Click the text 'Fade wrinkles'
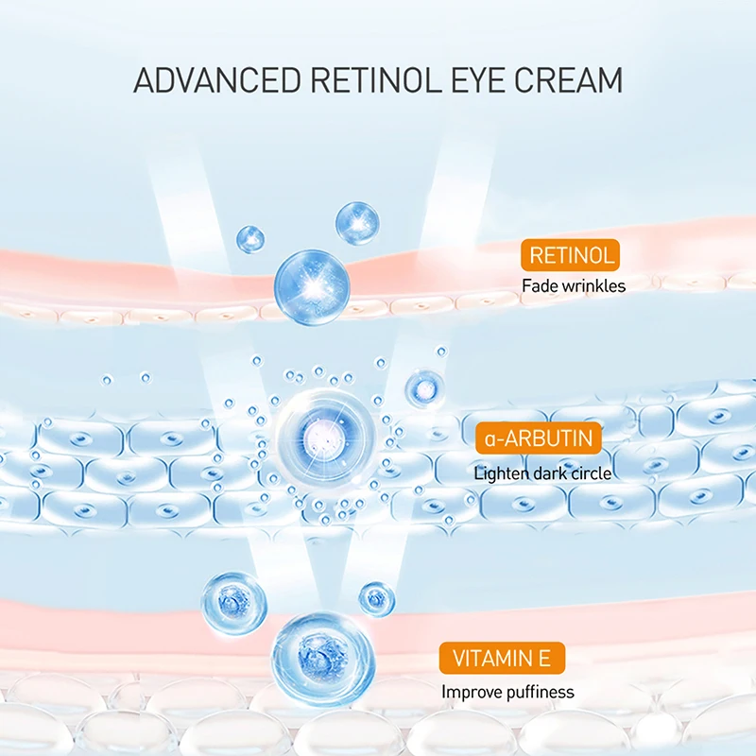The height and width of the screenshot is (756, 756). (x=574, y=285)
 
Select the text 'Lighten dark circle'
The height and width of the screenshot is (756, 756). (x=542, y=472)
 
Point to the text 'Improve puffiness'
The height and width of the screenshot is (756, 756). (x=507, y=692)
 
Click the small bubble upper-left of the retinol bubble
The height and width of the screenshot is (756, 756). (x=250, y=238)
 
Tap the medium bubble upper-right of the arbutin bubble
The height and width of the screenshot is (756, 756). (x=424, y=387)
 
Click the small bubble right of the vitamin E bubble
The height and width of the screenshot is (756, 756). (x=377, y=598)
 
